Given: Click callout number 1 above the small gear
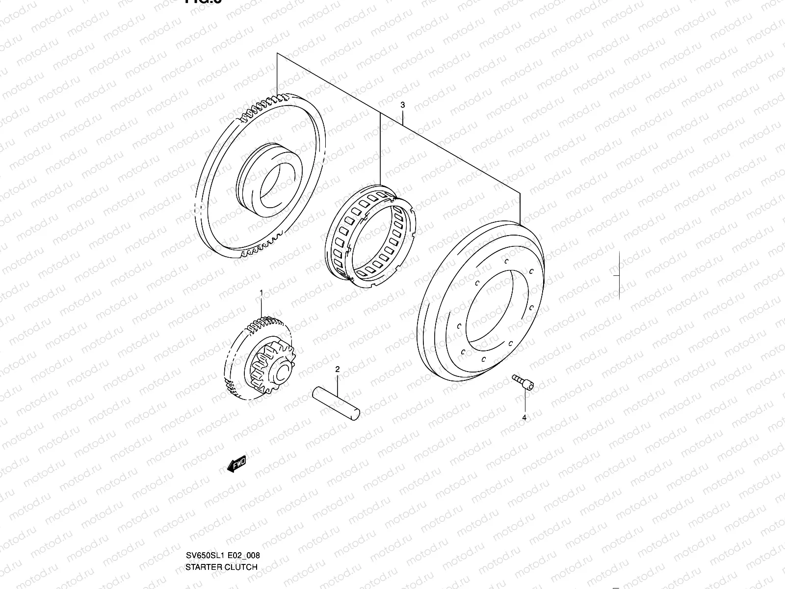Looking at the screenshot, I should pyautogui.click(x=261, y=293).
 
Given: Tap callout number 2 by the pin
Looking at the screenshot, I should pyautogui.click(x=337, y=369).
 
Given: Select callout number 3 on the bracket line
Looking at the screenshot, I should pyautogui.click(x=402, y=105).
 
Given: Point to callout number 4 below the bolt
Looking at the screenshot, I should pyautogui.click(x=524, y=418).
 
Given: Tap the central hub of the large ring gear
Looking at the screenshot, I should pyautogui.click(x=267, y=178).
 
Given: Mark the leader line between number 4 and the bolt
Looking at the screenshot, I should pyautogui.click(x=524, y=402).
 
